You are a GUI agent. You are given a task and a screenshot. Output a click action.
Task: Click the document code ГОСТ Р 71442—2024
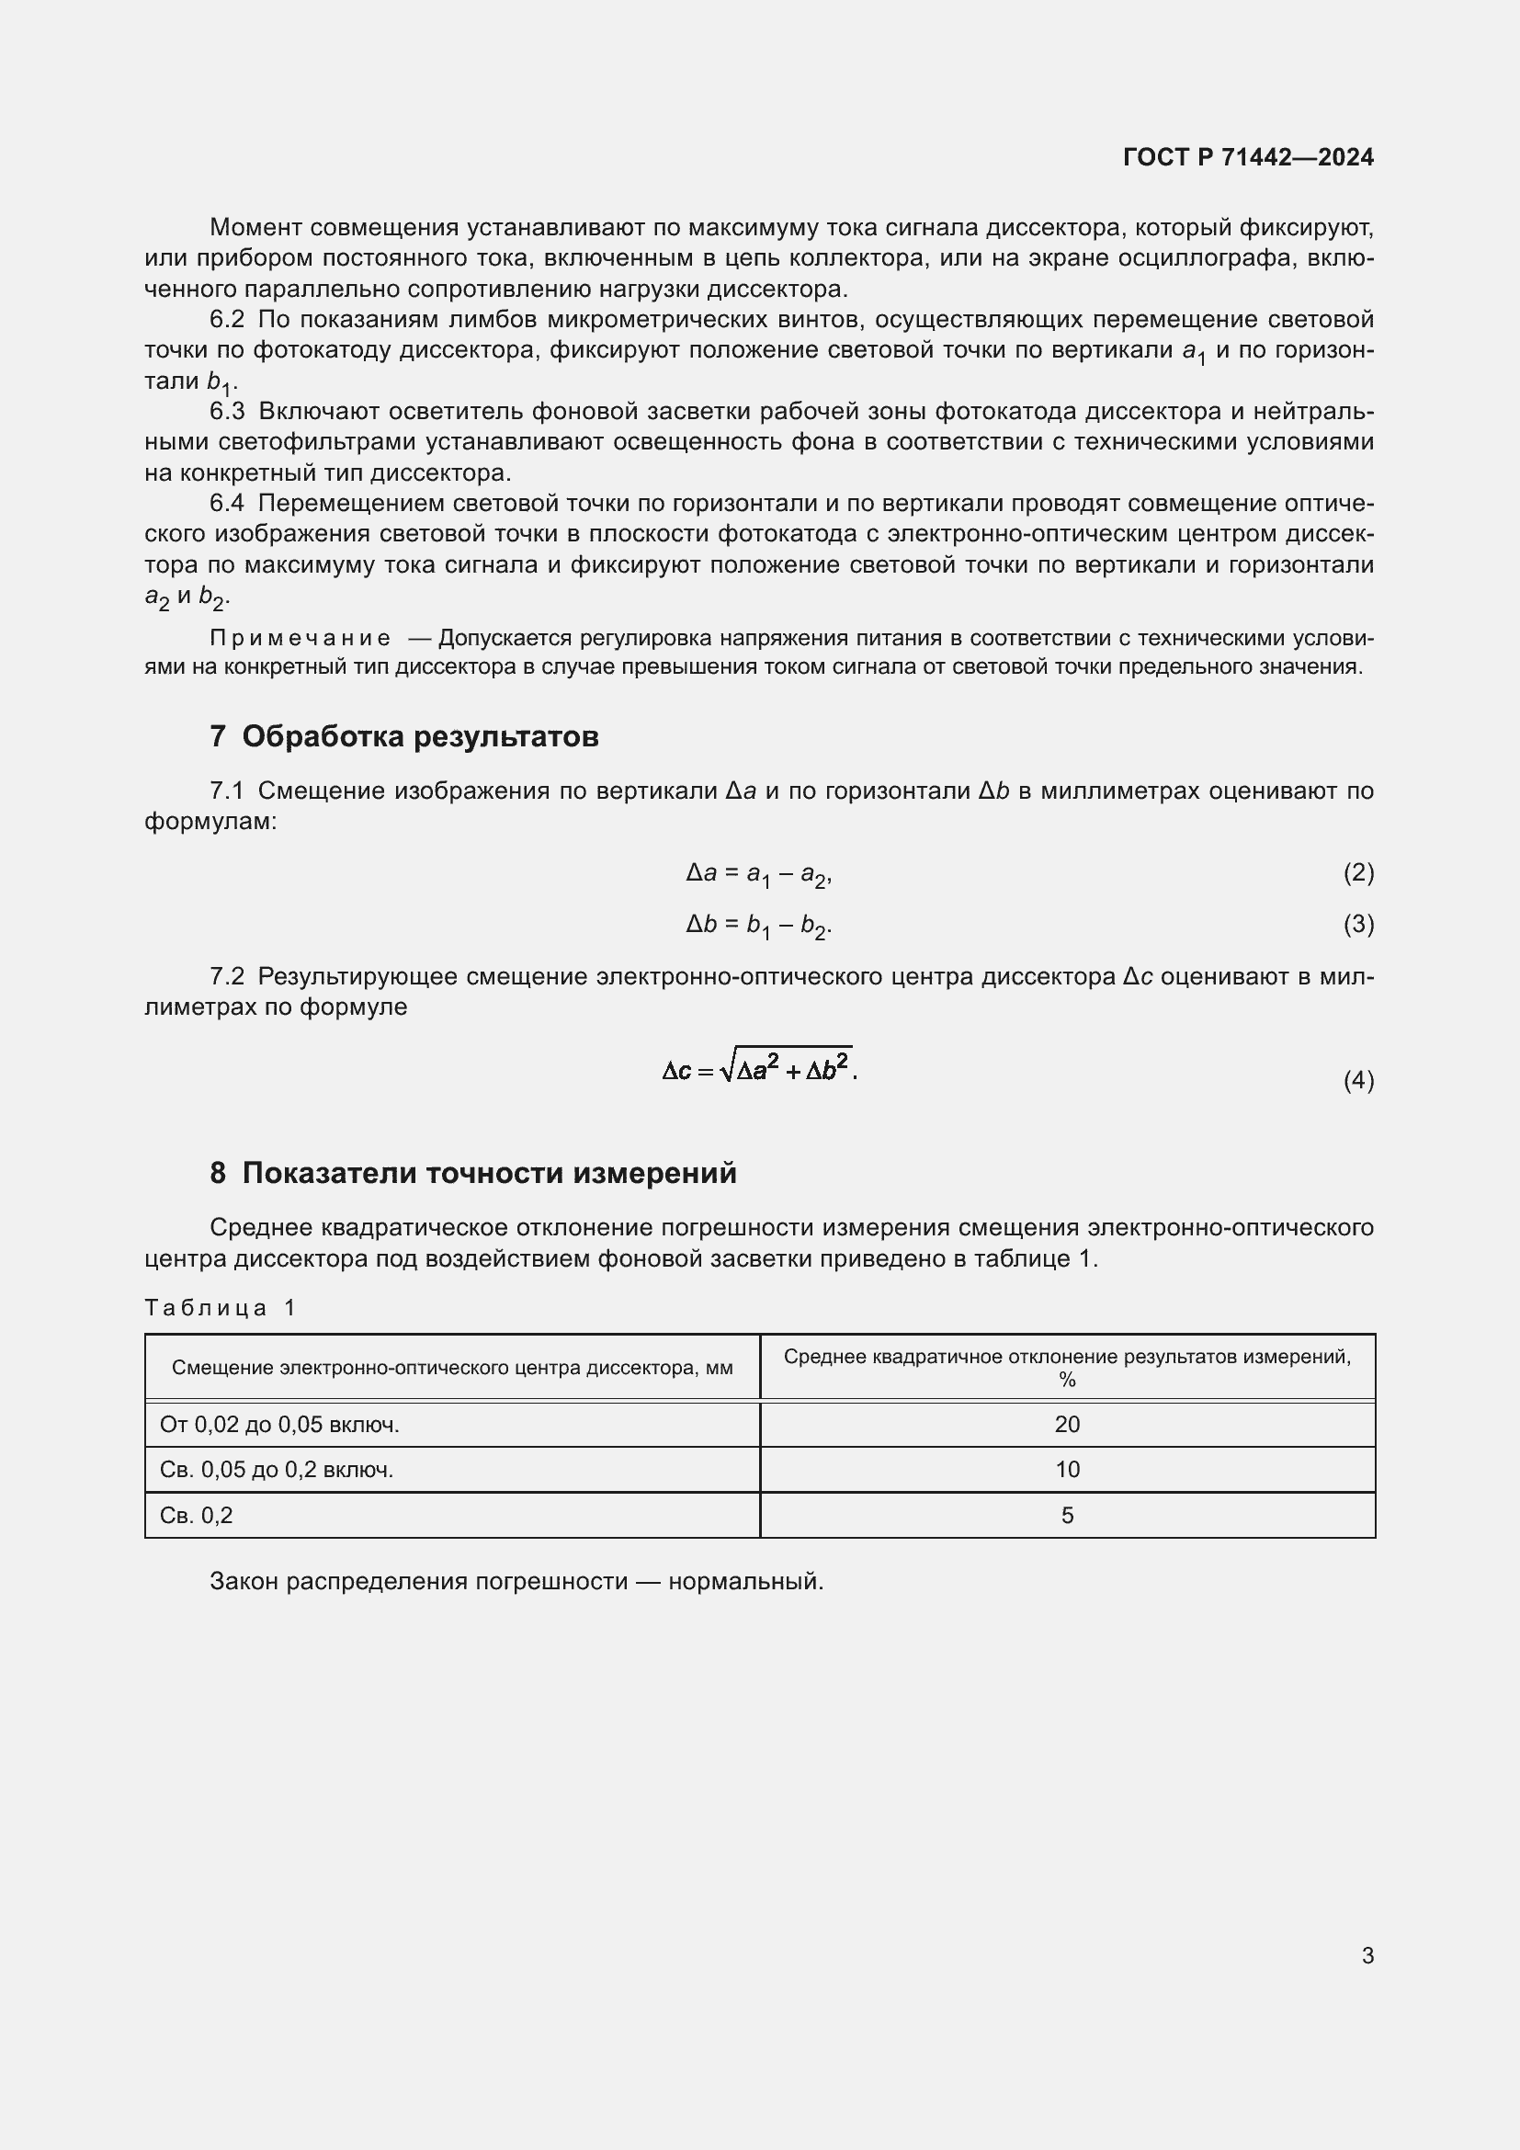pyautogui.click(x=1248, y=157)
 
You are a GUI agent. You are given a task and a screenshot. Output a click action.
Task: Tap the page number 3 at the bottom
pyautogui.click(x=1367, y=1955)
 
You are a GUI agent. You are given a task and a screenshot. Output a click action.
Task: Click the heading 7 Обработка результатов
pyautogui.click(x=403, y=737)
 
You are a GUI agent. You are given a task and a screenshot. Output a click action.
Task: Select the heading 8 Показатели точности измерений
pyautogui.click(x=472, y=1173)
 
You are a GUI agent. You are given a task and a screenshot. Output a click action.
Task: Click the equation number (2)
pyautogui.click(x=1358, y=872)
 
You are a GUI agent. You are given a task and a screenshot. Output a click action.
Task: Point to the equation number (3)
pyautogui.click(x=1358, y=924)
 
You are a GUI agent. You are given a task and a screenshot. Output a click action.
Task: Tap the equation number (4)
pyautogui.click(x=1358, y=1081)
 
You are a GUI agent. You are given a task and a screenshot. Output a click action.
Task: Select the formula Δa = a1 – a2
pyautogui.click(x=758, y=873)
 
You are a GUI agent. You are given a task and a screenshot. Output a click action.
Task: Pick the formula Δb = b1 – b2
pyautogui.click(x=758, y=926)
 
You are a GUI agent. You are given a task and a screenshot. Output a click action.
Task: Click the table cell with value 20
pyautogui.click(x=1067, y=1424)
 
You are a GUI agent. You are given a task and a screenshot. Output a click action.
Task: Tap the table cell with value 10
pyautogui.click(x=1067, y=1469)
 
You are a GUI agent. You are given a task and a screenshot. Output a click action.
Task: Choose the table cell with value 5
pyautogui.click(x=1067, y=1515)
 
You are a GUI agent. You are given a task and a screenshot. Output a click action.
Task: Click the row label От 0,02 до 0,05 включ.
pyautogui.click(x=279, y=1424)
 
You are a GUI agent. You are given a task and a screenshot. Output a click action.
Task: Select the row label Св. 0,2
pyautogui.click(x=196, y=1515)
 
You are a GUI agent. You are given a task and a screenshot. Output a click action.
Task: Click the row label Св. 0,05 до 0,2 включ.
pyautogui.click(x=276, y=1469)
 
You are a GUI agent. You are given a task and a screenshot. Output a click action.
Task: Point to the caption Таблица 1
pyautogui.click(x=220, y=1308)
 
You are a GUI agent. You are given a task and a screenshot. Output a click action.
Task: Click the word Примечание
pyautogui.click(x=300, y=639)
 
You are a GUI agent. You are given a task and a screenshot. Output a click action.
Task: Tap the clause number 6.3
pyautogui.click(x=226, y=411)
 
